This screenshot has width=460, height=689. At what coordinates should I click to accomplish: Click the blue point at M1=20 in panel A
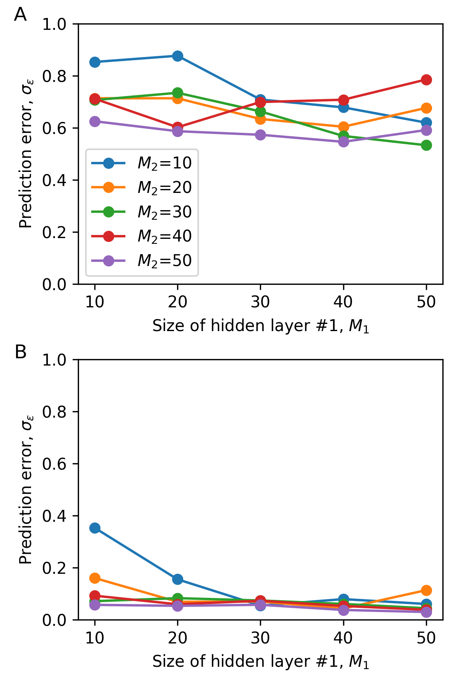[x=177, y=56]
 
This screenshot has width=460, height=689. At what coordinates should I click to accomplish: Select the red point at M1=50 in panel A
[x=426, y=80]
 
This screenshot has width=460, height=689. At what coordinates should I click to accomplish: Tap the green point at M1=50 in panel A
[x=426, y=145]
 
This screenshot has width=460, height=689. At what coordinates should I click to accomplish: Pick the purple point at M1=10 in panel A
[x=95, y=121]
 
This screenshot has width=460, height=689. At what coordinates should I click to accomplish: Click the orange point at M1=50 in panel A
[x=426, y=108]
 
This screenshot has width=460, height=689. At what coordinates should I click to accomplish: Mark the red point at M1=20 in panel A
[x=177, y=127]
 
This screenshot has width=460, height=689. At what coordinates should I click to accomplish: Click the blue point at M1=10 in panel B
[x=95, y=528]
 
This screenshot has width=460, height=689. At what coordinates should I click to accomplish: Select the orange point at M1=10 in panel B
[x=95, y=578]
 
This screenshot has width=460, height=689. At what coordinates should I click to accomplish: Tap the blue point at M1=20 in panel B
[x=177, y=579]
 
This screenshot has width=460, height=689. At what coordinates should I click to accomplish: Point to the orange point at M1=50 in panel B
[x=426, y=590]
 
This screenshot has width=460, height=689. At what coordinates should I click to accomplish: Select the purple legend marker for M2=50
[x=109, y=261]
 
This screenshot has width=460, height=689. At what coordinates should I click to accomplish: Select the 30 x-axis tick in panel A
[x=260, y=302]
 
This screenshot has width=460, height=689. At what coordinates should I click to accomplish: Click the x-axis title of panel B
[x=260, y=661]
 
